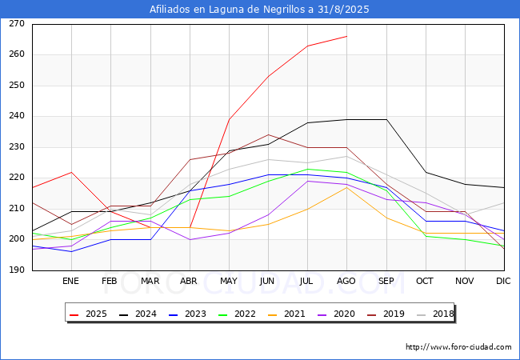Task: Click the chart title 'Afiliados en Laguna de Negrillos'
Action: coord(260,10)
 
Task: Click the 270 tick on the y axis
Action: coord(17,24)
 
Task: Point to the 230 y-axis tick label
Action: coord(17,147)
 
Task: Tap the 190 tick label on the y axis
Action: coord(17,270)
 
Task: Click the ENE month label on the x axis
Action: coord(71,281)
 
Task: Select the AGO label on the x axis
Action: coord(346,281)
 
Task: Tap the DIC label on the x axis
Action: coord(503,281)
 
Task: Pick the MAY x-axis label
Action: coord(229,281)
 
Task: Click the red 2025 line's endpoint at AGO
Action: coord(346,36)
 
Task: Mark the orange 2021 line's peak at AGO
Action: coord(346,187)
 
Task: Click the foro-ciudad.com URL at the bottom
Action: coord(458,347)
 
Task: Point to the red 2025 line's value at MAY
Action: coord(229,119)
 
